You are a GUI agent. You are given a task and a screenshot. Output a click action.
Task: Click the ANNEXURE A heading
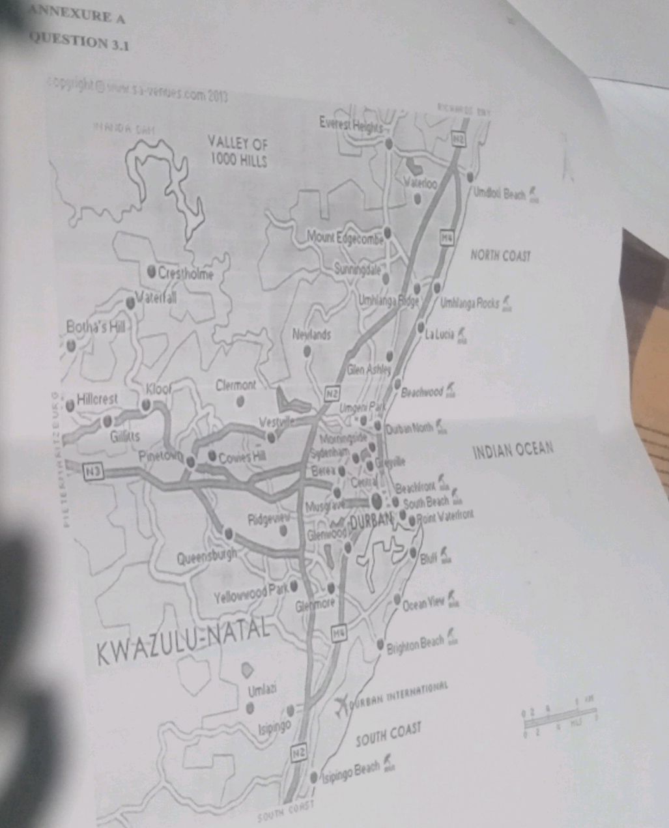point(77,14)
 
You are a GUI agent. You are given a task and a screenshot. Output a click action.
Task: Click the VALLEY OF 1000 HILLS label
point(237,151)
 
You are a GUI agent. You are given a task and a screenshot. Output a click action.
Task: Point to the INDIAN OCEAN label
point(513,450)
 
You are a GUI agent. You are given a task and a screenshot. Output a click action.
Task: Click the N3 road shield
point(94,469)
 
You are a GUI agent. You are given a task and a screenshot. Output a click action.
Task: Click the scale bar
point(559,721)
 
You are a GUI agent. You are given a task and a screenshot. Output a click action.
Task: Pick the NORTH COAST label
point(500,256)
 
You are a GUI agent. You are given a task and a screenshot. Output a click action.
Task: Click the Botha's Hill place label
point(95,326)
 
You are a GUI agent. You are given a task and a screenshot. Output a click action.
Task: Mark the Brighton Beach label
point(415,645)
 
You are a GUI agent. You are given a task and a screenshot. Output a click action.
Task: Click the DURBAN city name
point(371,521)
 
